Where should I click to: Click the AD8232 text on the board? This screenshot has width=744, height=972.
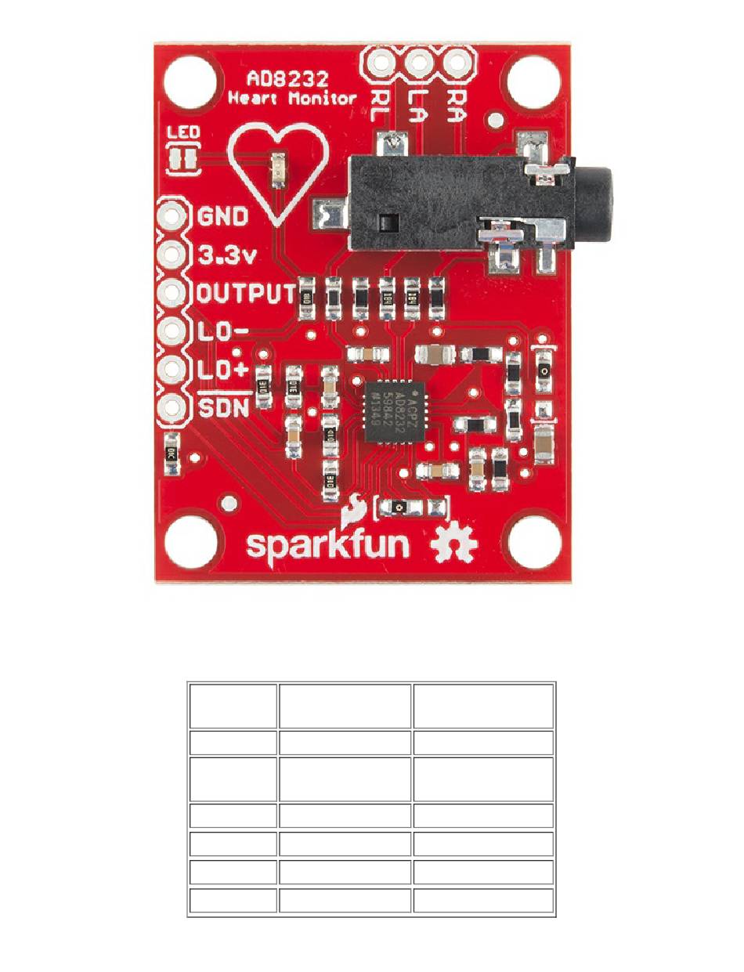click(x=287, y=79)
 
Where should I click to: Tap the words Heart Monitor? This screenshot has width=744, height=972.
click(x=293, y=99)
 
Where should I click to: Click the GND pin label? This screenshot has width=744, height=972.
click(x=222, y=216)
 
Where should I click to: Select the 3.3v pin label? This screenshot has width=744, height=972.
click(x=222, y=255)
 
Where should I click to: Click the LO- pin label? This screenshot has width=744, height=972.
click(x=222, y=331)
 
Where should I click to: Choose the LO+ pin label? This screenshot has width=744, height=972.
click(x=222, y=369)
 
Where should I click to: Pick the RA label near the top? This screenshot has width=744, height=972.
click(x=457, y=101)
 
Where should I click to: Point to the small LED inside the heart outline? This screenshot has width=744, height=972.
click(x=276, y=171)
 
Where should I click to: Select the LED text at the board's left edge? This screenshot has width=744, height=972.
click(x=183, y=132)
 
